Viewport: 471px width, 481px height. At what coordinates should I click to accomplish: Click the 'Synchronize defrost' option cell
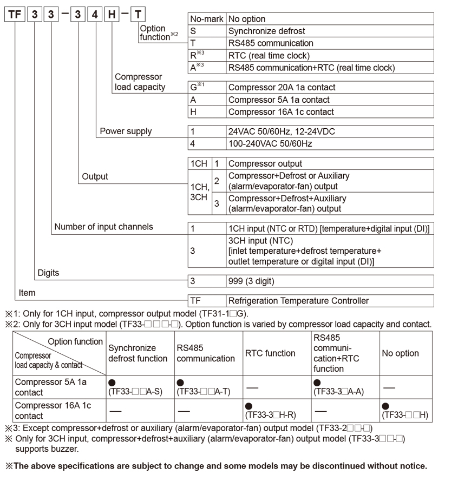[x=266, y=31]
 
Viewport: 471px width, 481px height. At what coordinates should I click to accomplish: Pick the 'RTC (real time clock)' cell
[x=269, y=55]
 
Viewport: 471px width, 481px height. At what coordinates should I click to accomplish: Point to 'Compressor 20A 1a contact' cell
[x=282, y=87]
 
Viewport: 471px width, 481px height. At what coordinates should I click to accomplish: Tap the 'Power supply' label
[x=126, y=131]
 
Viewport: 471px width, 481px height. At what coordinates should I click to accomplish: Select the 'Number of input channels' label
[x=103, y=227]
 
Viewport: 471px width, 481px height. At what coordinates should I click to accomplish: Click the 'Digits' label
[x=48, y=273]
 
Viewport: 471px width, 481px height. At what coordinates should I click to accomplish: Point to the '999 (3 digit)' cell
[x=251, y=281]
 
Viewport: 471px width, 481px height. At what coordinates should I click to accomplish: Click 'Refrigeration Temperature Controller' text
[x=298, y=301]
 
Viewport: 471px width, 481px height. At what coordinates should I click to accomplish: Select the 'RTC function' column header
[x=270, y=353]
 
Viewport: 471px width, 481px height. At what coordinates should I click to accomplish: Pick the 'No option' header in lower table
[x=400, y=353]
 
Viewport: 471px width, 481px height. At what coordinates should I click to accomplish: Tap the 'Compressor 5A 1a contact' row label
[x=51, y=387]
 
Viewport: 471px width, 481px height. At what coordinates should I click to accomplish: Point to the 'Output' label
[x=95, y=176]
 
